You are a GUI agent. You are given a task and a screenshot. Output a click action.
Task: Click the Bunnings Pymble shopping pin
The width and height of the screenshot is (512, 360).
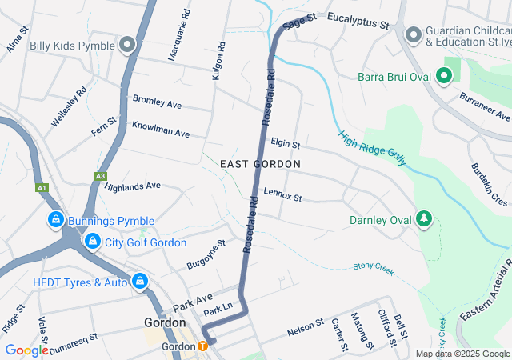point(55,219)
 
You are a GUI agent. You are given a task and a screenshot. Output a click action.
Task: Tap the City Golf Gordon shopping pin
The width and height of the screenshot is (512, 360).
point(93,242)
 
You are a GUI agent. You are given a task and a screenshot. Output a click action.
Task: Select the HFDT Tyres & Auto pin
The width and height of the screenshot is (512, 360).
point(140,282)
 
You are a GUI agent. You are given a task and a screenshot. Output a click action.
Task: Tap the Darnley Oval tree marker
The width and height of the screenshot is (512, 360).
point(424,219)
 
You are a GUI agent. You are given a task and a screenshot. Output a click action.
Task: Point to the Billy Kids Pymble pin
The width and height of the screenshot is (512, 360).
point(127,46)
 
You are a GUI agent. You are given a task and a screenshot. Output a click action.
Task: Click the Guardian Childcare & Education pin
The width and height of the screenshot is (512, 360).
point(413,34)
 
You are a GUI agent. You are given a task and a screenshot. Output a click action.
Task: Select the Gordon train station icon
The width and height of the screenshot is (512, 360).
point(202,346)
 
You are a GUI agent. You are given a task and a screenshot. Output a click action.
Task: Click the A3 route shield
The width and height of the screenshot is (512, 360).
point(100,175)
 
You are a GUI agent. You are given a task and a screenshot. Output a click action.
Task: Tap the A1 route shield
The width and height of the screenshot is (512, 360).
point(41,188)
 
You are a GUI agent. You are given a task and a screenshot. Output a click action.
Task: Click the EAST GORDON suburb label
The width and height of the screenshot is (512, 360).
point(260,164)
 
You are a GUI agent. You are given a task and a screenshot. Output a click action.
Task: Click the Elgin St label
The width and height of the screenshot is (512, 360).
point(285,144)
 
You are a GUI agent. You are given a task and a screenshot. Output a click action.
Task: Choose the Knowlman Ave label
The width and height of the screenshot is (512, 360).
point(160,129)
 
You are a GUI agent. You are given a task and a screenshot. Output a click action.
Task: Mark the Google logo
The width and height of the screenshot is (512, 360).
point(26,350)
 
